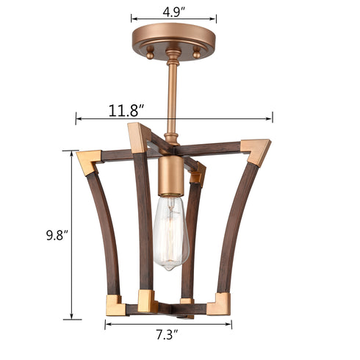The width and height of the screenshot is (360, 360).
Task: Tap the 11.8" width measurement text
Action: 126,110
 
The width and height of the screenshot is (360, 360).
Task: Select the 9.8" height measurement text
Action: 55,235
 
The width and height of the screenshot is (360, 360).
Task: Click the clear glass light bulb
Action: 170,231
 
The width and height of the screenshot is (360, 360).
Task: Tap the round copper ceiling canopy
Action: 173,38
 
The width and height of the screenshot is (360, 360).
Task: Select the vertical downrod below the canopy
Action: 173,96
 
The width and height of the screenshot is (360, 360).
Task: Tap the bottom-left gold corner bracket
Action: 116,304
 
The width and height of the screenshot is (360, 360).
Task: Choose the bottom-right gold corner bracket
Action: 219,303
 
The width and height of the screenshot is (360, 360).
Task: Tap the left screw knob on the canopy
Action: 150,54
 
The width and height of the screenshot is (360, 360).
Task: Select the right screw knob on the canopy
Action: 197,54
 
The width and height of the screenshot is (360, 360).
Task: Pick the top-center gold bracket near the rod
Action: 139,137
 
